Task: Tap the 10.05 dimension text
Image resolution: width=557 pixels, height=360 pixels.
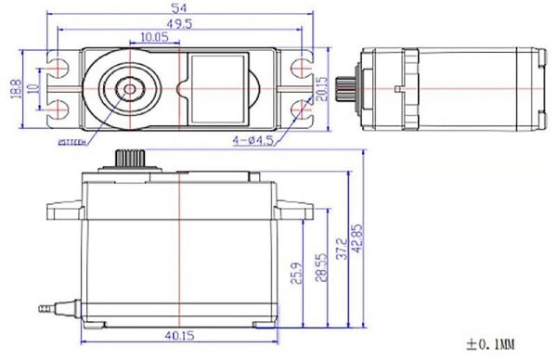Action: tap(154, 37)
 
